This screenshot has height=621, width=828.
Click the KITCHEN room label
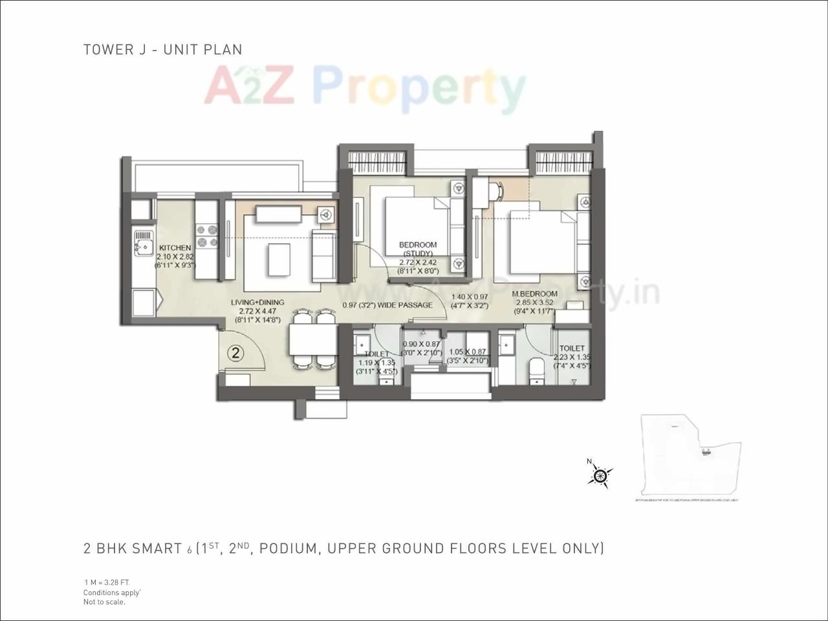pos(175,248)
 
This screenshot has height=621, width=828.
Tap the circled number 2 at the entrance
pos(236,353)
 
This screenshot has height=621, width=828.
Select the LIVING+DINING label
pos(257,302)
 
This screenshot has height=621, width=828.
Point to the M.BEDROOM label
pos(534,294)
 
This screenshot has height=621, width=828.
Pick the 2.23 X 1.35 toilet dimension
pos(572,357)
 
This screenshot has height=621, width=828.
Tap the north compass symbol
pos(600,476)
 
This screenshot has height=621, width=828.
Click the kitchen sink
pos(141,245)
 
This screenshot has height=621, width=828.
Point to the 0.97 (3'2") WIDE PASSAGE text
pos(387,305)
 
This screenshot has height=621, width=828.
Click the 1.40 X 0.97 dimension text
pos(470,297)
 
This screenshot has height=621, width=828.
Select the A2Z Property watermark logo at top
pos(365,88)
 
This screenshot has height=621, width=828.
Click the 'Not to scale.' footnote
pos(104,602)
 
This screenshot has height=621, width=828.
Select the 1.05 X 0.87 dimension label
pos(467,353)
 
